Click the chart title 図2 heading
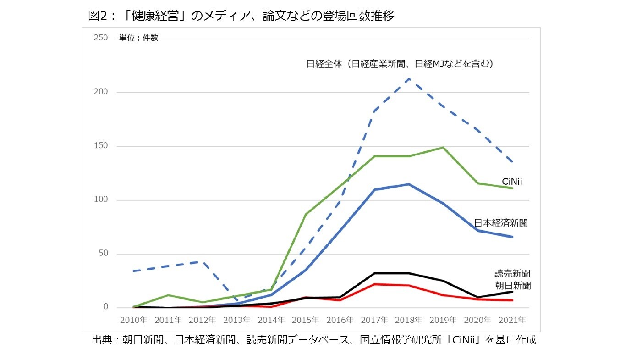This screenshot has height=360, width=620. click(241, 16)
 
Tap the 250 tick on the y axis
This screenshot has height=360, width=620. click(100, 38)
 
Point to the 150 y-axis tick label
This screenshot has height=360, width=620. click(100, 146)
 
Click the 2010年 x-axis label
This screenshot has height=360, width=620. click(134, 320)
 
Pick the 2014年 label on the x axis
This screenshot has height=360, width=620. click(271, 320)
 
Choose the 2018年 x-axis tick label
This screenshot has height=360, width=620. click(409, 320)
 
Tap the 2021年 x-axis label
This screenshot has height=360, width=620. click(512, 320)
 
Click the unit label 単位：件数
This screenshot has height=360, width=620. click(138, 38)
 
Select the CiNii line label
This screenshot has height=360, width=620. click(512, 182)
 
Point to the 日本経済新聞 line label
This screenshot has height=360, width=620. click(501, 223)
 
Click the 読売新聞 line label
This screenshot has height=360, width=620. click(512, 273)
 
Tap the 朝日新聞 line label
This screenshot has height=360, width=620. click(512, 285)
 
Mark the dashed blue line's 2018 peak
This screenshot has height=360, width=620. click(409, 79)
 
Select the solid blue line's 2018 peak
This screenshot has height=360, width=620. click(409, 184)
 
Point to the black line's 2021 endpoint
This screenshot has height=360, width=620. click(512, 292)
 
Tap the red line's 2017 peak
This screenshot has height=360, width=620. click(374, 284)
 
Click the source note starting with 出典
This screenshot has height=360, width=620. click(313, 340)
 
